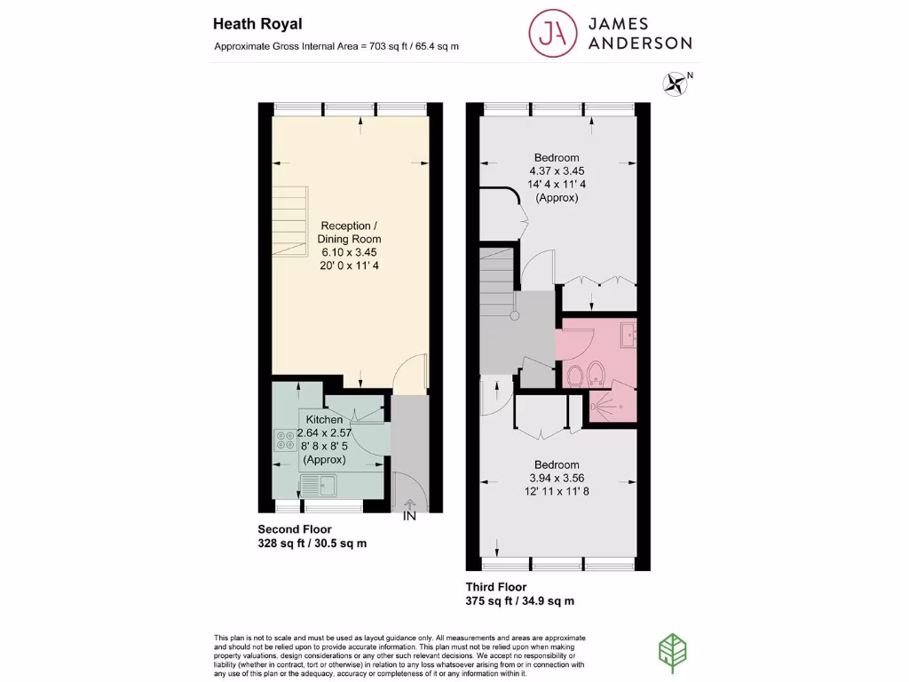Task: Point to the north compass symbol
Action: pos(676,83)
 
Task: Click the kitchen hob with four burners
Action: pos(286,440)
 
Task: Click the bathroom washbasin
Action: pos(628,336)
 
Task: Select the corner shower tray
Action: pos(613,404)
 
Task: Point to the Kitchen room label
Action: pos(324,419)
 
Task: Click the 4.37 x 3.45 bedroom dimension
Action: pos(557,170)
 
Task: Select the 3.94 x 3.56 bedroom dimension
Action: pos(557,478)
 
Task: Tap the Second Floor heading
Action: pos(295,529)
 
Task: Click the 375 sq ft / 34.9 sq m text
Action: pos(520,601)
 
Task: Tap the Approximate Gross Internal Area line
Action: pos(336,46)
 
